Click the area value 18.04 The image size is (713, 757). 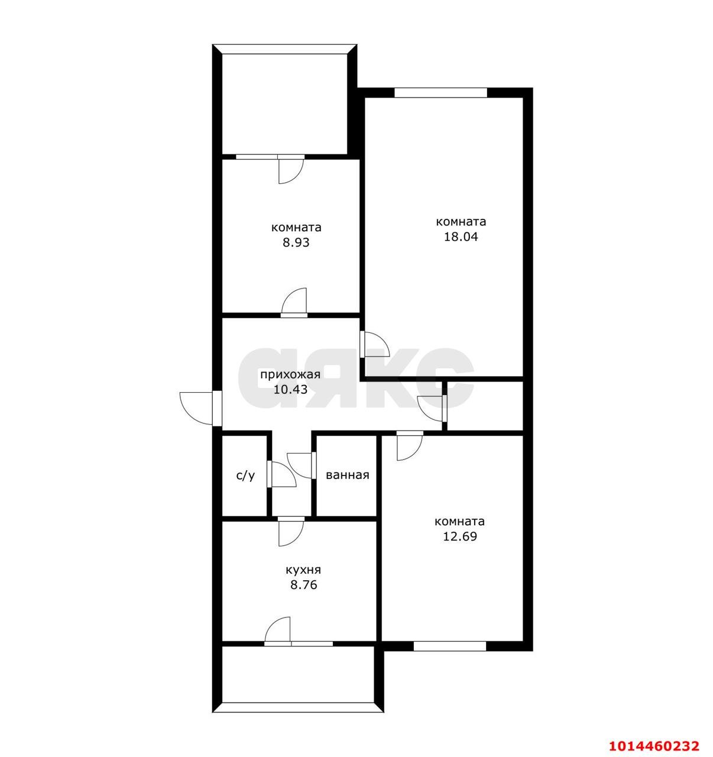(461, 237)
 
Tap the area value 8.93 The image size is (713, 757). (296, 243)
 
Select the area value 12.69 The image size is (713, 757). (460, 536)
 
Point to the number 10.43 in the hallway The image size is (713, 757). (290, 389)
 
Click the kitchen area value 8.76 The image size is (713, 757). (303, 585)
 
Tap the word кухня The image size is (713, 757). (303, 570)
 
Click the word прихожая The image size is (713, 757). (290, 375)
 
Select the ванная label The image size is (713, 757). (348, 475)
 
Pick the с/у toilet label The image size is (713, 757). (246, 475)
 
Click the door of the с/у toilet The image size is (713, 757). (281, 474)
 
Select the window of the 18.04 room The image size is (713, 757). (440, 93)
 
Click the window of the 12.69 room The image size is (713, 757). (450, 646)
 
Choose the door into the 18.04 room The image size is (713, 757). (375, 344)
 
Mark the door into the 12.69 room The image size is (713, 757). (410, 446)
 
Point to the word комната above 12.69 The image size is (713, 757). (460, 522)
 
